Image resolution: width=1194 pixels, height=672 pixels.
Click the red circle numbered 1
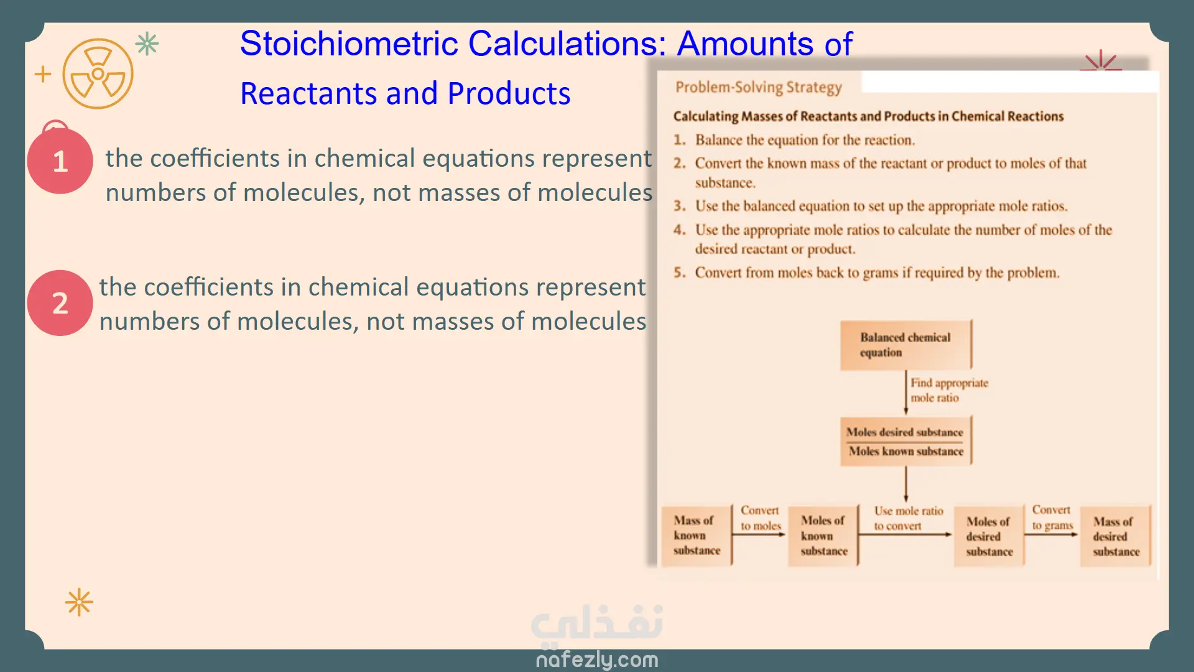pyautogui.click(x=60, y=161)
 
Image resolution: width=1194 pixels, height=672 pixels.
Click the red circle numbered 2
pyautogui.click(x=60, y=303)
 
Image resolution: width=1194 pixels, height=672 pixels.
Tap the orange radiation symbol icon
pyautogui.click(x=98, y=74)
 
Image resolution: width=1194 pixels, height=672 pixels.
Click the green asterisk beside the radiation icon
pyautogui.click(x=147, y=44)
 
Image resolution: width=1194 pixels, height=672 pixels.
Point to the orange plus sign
pyautogui.click(x=43, y=74)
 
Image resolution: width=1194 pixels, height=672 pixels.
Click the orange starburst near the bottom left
pyautogui.click(x=79, y=602)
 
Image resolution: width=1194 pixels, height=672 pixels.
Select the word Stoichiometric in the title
pyautogui.click(x=349, y=44)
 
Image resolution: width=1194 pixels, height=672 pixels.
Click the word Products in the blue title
pyautogui.click(x=508, y=94)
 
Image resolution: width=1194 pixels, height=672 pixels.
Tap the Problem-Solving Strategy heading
pyautogui.click(x=758, y=87)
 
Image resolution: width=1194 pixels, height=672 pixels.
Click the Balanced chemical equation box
pyautogui.click(x=905, y=345)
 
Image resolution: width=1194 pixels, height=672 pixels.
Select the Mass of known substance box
pyautogui.click(x=696, y=535)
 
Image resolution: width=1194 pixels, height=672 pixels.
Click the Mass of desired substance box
pyautogui.click(x=1115, y=536)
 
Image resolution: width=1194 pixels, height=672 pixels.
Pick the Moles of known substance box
pyautogui.click(x=823, y=535)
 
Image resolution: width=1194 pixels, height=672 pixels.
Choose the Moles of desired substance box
pyautogui.click(x=988, y=536)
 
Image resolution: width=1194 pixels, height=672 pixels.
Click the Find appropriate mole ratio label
pyautogui.click(x=948, y=390)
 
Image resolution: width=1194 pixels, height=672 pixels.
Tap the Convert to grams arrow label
pyautogui.click(x=1052, y=518)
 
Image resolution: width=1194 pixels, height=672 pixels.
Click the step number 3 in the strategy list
pyautogui.click(x=679, y=206)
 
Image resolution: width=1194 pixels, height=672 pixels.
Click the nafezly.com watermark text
pyautogui.click(x=596, y=659)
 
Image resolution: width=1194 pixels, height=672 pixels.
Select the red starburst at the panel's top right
pyautogui.click(x=1101, y=61)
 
